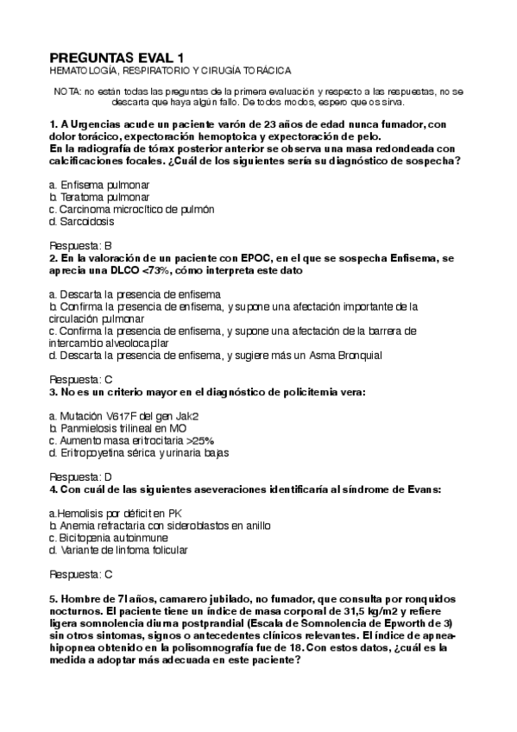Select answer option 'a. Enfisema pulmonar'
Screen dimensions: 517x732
click(x=98, y=186)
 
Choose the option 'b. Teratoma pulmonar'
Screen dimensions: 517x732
click(x=100, y=198)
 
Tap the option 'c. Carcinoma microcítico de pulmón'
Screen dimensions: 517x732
click(x=132, y=210)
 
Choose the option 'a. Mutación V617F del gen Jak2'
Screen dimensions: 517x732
click(x=124, y=416)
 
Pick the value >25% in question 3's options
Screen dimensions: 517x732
click(x=196, y=440)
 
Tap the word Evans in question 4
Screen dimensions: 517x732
click(x=420, y=489)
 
